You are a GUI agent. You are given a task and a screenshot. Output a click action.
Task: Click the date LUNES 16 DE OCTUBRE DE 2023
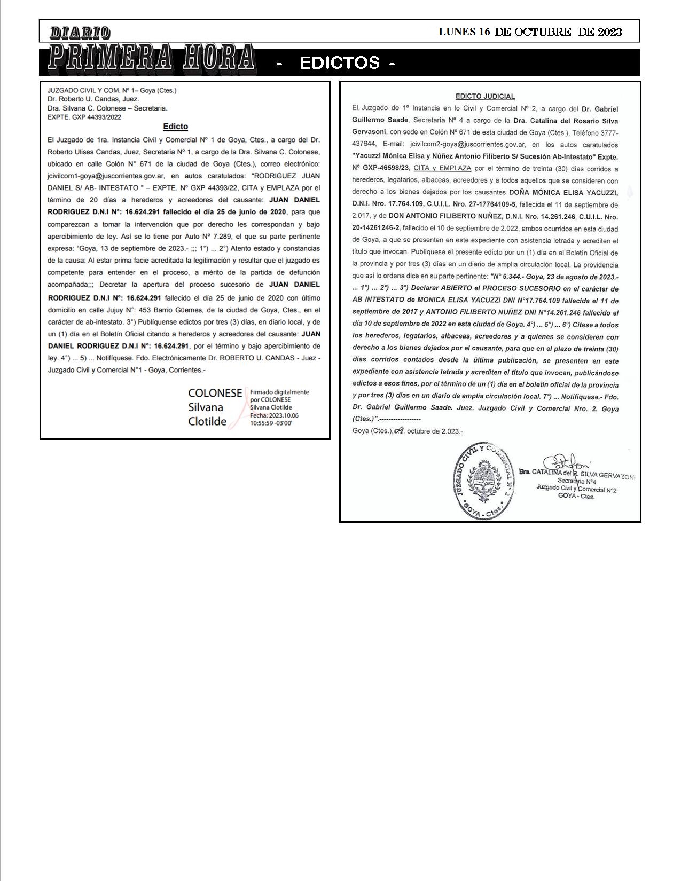(530, 32)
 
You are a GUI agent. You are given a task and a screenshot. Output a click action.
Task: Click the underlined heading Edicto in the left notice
(175, 127)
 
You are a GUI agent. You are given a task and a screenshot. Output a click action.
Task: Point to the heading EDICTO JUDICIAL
(485, 97)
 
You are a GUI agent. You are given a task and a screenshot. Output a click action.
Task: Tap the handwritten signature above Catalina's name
(566, 462)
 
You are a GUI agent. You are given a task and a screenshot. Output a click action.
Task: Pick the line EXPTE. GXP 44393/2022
(84, 117)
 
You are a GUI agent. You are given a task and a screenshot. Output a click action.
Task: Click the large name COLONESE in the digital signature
(215, 393)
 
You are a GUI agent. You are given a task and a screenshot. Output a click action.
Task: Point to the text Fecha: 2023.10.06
(274, 415)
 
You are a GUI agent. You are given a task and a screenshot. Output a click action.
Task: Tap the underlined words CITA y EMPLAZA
(442, 168)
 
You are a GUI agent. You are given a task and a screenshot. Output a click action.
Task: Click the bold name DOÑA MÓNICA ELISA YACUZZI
(563, 192)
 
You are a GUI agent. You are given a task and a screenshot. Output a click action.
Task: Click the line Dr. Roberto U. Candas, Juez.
(93, 99)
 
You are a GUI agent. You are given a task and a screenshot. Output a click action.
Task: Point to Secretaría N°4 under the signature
(576, 481)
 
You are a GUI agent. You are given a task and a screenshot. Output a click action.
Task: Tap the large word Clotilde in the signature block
(207, 421)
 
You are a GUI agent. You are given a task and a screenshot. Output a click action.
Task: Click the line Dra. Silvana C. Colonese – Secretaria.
(107, 108)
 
